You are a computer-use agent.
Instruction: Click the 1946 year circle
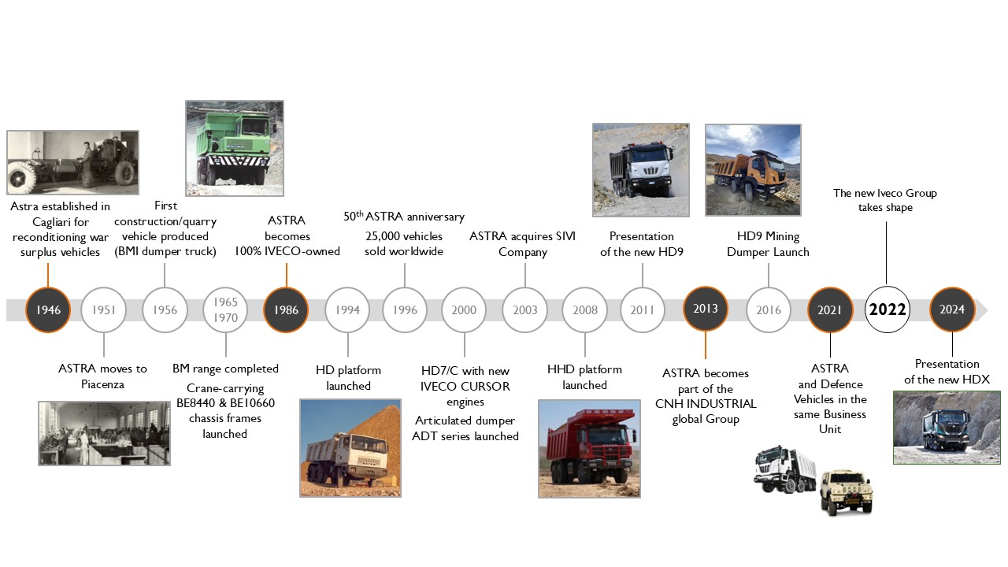(x=48, y=309)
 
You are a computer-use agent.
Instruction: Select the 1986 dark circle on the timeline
(x=286, y=309)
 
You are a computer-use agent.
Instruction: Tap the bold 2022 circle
(x=887, y=309)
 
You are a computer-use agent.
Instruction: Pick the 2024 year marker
(x=952, y=309)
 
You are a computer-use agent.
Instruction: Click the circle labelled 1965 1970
(x=225, y=309)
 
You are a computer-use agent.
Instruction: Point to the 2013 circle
(x=705, y=309)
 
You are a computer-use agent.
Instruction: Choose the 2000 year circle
(x=464, y=309)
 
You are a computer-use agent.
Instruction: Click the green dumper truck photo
(x=234, y=148)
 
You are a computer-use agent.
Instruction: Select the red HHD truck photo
(x=589, y=448)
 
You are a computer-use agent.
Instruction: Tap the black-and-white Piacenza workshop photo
(x=104, y=433)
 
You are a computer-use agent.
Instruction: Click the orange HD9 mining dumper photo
(x=753, y=169)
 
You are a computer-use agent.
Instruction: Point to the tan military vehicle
(x=846, y=492)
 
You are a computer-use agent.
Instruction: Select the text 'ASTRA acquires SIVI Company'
(x=523, y=244)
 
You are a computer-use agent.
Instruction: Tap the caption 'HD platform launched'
(x=348, y=378)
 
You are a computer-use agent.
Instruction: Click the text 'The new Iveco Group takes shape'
(x=885, y=200)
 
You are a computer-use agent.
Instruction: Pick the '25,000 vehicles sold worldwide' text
(x=404, y=244)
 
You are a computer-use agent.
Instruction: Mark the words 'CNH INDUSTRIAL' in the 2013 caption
(x=705, y=404)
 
